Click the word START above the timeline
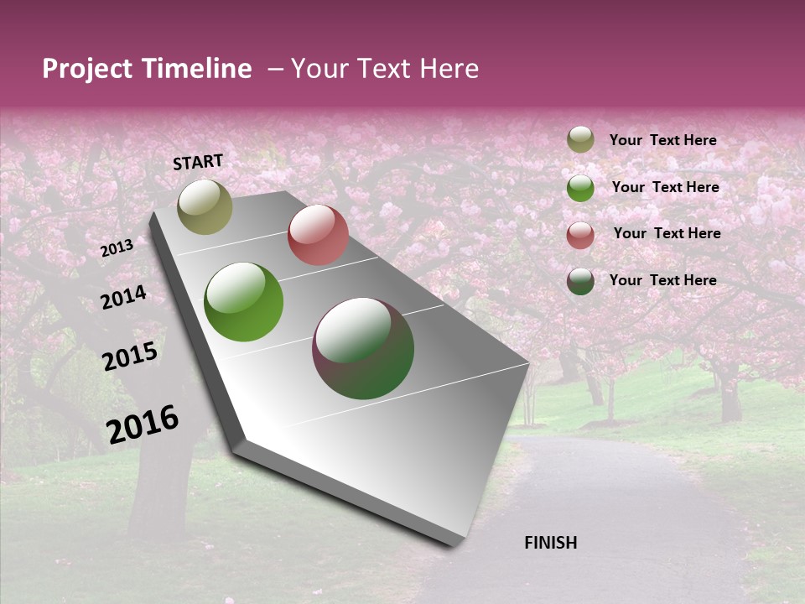click(198, 162)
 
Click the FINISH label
click(550, 543)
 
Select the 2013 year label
click(117, 248)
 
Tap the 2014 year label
click(124, 298)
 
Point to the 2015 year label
click(130, 357)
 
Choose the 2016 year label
click(143, 424)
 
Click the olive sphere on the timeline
click(205, 206)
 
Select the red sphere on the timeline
click(318, 235)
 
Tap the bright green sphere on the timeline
click(244, 302)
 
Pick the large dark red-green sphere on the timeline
click(363, 348)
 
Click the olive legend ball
click(580, 139)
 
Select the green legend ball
click(580, 188)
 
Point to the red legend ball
click(580, 235)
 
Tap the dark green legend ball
click(580, 281)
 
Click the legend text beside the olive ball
click(662, 140)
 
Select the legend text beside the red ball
click(667, 233)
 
